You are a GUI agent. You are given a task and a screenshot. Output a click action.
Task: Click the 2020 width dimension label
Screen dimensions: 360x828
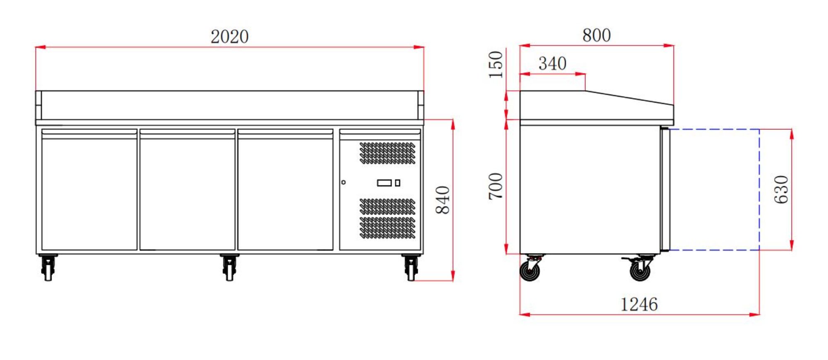point(229,36)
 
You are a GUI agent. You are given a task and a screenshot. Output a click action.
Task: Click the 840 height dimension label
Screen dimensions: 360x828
point(443,200)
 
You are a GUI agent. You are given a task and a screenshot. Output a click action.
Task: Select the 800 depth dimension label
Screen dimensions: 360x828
point(596,35)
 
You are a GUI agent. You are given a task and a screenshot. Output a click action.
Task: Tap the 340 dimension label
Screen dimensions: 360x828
point(552,63)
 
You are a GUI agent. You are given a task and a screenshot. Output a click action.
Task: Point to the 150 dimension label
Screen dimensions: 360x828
point(496,65)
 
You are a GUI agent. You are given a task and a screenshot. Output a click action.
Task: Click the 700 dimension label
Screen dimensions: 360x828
point(496,186)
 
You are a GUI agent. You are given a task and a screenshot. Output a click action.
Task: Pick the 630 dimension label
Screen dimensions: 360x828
point(781,189)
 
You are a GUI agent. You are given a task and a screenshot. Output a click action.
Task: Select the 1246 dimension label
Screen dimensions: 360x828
point(638,305)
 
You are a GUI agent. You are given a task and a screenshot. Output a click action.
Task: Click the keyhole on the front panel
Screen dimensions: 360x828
point(343,182)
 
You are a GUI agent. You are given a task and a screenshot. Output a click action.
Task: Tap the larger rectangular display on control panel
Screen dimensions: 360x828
point(384,182)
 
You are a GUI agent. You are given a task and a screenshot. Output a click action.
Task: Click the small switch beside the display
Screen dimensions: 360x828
point(397,182)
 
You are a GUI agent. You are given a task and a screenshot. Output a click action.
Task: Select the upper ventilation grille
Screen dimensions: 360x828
point(387,153)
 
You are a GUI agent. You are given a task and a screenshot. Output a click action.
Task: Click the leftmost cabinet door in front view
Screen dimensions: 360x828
point(89,190)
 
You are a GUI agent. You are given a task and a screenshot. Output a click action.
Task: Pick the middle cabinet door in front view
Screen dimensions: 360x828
point(187,190)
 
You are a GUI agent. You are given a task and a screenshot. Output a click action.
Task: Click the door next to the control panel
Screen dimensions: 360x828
point(285,190)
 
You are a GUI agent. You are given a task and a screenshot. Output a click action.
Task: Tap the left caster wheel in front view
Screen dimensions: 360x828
point(48,268)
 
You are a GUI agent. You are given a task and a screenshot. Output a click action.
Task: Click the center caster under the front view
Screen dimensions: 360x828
point(229,268)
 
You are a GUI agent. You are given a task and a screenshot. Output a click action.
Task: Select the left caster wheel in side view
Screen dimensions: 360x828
point(530,270)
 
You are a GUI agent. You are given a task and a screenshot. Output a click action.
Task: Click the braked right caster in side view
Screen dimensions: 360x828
point(640,270)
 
